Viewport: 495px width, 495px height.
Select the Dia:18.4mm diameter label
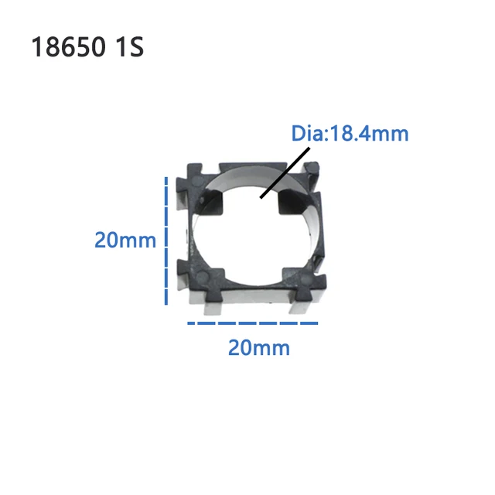[350, 134]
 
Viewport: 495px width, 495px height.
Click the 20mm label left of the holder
[125, 240]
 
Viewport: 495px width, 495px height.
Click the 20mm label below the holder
[258, 348]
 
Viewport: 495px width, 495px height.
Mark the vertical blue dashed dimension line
[166, 240]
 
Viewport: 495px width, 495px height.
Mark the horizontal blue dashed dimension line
[253, 323]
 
